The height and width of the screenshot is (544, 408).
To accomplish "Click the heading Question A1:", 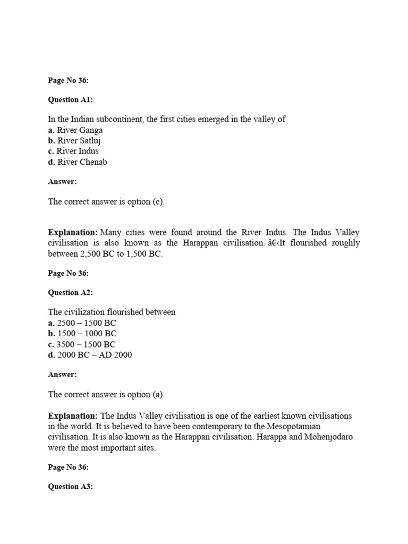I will pyautogui.click(x=70, y=100).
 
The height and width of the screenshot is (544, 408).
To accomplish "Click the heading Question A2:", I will pyautogui.click(x=70, y=293).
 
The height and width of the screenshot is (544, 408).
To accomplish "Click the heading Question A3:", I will pyautogui.click(x=70, y=487).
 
